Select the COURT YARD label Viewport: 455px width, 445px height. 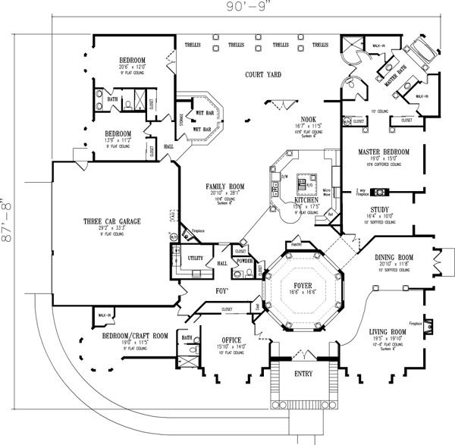click(263, 75)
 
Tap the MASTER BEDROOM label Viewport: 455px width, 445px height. click(384, 152)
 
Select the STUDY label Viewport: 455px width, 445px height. click(380, 208)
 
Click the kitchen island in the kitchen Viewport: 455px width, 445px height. click(307, 182)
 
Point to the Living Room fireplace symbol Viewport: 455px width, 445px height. click(431, 325)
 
